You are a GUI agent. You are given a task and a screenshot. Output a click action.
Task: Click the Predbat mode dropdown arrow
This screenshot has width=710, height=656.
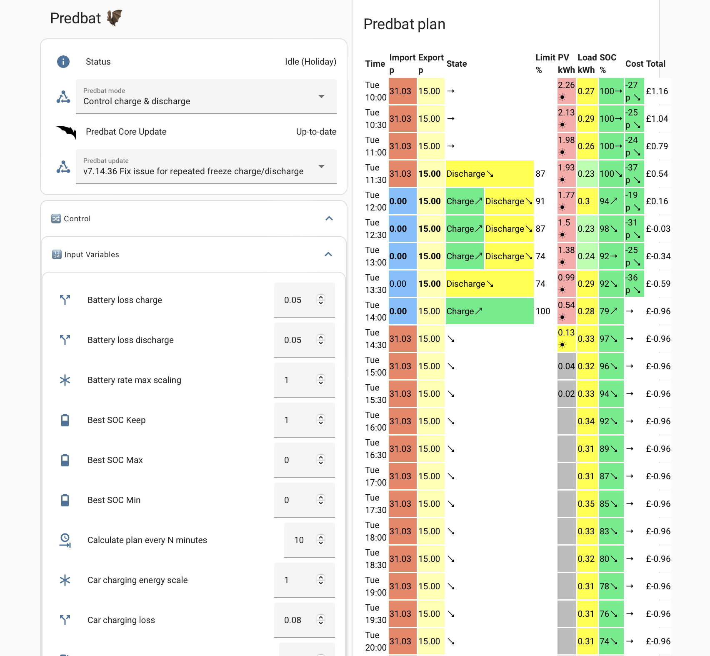(x=321, y=96)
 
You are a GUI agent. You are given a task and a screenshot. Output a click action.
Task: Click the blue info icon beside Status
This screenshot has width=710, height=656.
(x=63, y=62)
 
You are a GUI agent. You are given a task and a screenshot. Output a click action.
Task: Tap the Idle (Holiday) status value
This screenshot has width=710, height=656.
(x=310, y=62)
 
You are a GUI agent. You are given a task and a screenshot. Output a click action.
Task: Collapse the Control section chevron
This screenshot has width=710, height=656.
(x=329, y=218)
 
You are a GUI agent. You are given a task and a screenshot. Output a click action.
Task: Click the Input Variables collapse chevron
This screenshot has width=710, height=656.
(x=328, y=254)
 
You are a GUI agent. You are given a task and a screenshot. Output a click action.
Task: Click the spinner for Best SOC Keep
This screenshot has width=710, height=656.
(x=320, y=420)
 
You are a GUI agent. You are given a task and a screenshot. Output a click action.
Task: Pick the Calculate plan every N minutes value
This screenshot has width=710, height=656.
(x=299, y=540)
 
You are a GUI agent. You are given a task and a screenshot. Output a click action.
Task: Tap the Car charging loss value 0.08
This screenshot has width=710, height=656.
(x=293, y=620)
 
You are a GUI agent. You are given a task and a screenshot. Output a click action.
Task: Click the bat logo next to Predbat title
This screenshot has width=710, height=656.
(x=115, y=18)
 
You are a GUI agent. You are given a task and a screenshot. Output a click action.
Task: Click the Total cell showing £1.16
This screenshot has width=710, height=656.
(x=657, y=91)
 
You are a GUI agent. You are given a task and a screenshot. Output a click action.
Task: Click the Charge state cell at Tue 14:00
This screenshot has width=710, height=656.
(x=490, y=311)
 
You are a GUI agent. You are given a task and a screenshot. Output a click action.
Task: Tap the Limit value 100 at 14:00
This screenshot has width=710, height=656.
(x=543, y=311)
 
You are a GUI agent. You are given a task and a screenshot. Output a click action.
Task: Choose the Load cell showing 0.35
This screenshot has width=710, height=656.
(x=586, y=504)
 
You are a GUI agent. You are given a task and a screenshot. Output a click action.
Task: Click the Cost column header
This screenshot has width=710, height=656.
(x=634, y=64)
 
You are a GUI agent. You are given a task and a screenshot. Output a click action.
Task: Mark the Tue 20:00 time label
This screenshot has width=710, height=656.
(x=376, y=641)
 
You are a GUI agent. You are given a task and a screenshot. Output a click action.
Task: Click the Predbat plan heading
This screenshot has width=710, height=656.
(x=405, y=24)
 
